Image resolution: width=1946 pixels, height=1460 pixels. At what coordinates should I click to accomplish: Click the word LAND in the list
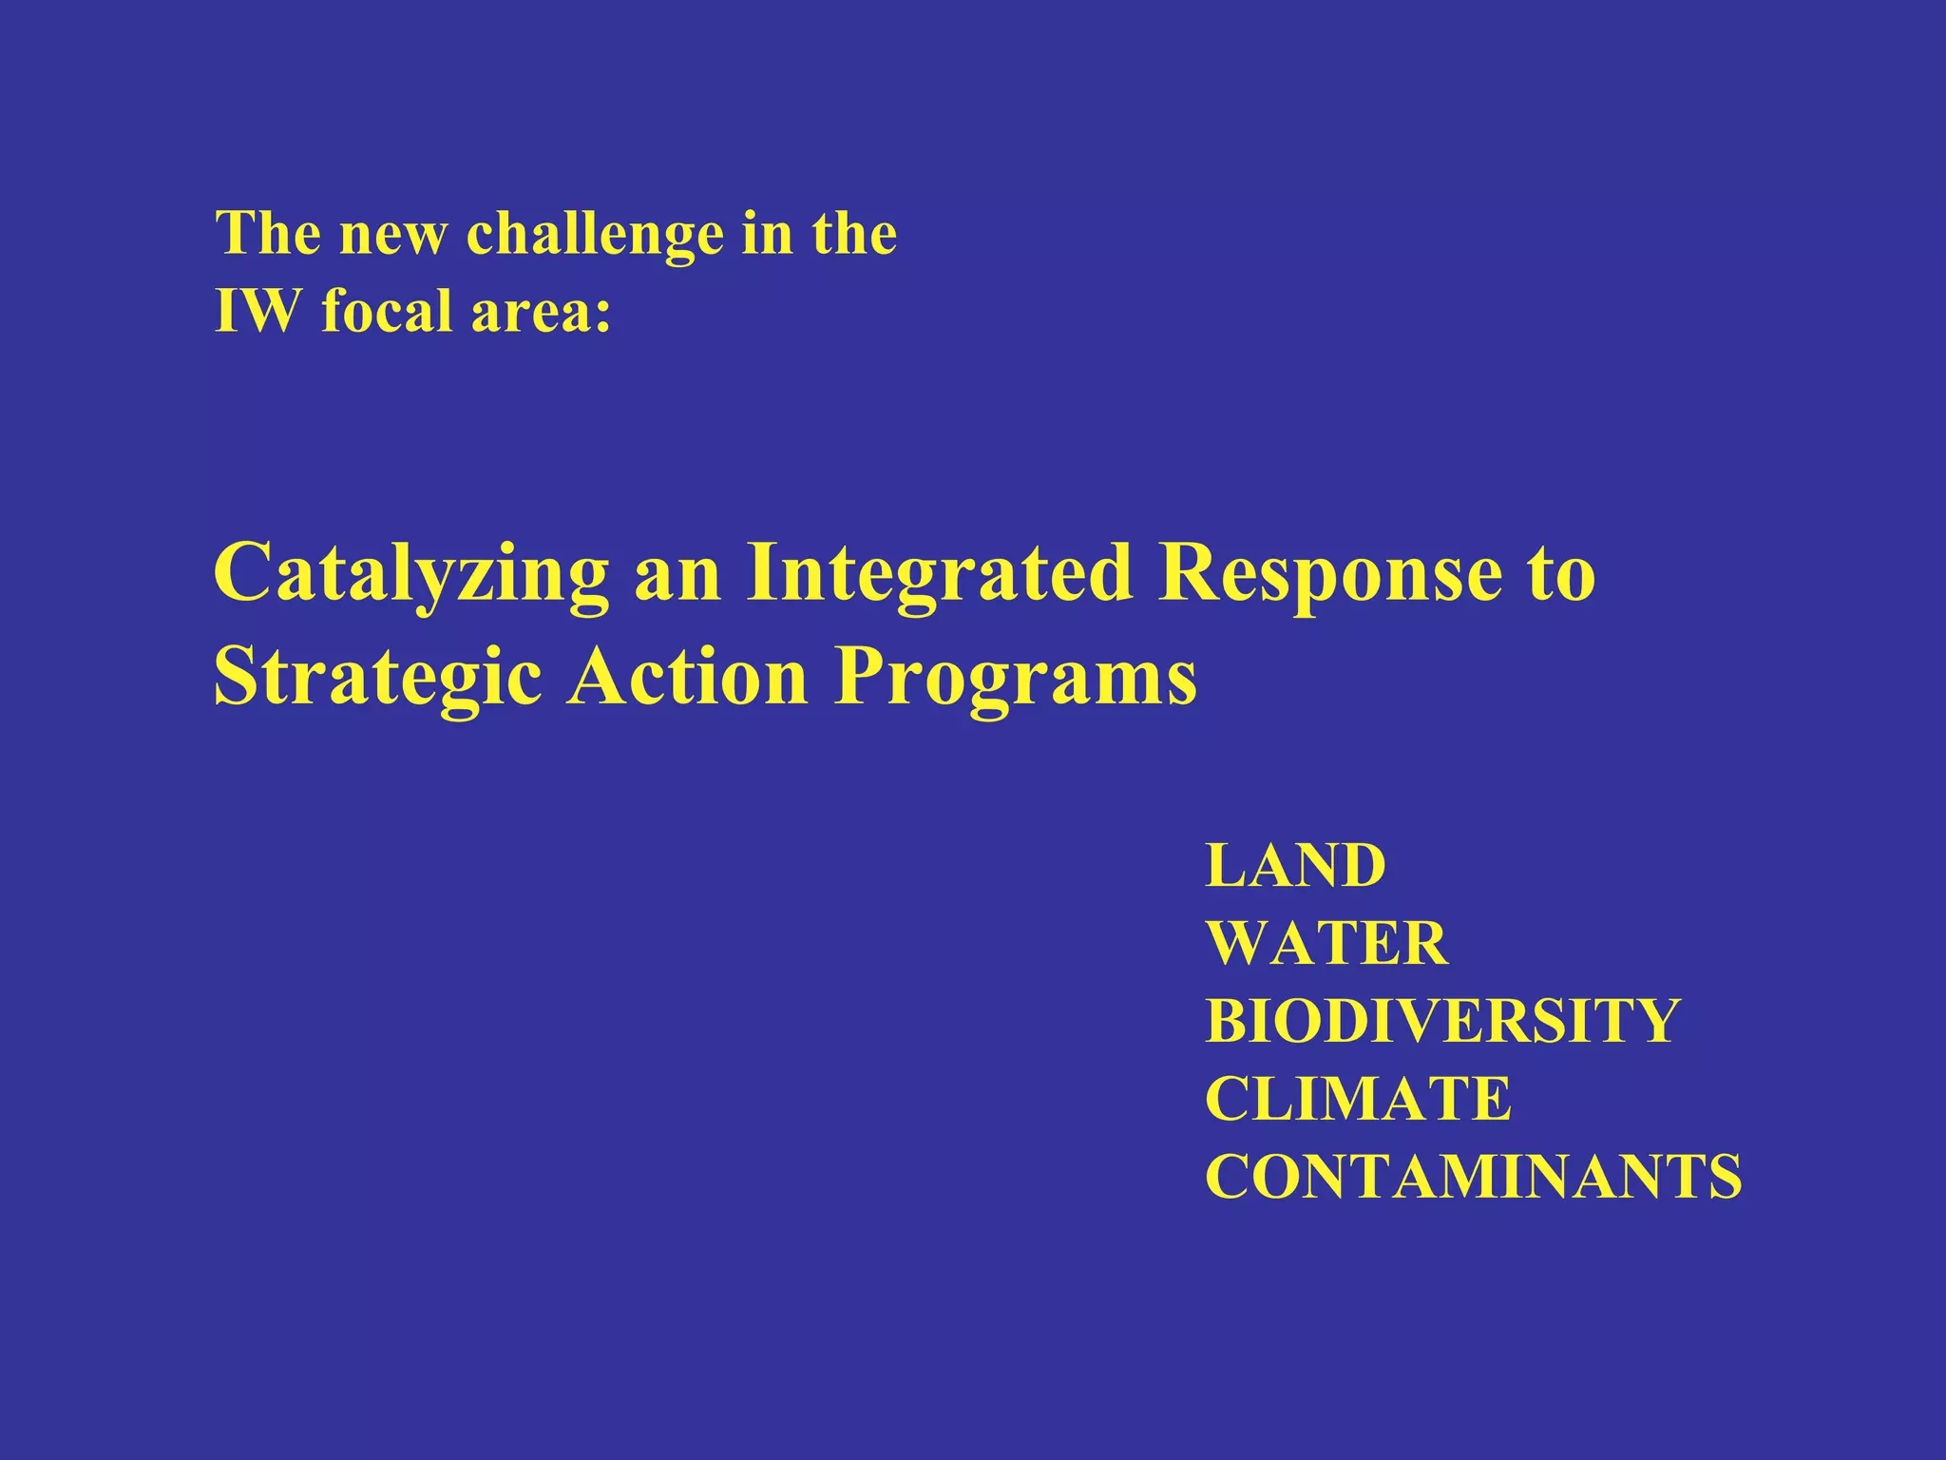pos(1295,866)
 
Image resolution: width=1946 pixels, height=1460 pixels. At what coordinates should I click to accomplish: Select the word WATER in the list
pos(1326,944)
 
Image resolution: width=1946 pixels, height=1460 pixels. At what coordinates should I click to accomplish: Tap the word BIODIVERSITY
pos(1442,1022)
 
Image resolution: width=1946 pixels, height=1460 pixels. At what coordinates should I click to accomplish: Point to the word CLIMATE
pos(1358,1100)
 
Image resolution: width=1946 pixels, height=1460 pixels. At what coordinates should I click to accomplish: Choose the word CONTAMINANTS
pos(1473,1178)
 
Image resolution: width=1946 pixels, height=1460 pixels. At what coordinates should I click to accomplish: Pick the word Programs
pos(1015,679)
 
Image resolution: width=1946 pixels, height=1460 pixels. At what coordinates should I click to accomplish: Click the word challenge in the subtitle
pos(594,233)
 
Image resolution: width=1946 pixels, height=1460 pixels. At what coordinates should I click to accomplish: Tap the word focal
pos(384,311)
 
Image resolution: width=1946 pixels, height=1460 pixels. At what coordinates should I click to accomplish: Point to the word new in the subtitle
pos(391,235)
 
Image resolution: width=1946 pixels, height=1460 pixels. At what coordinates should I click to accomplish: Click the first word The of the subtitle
pos(267,233)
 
